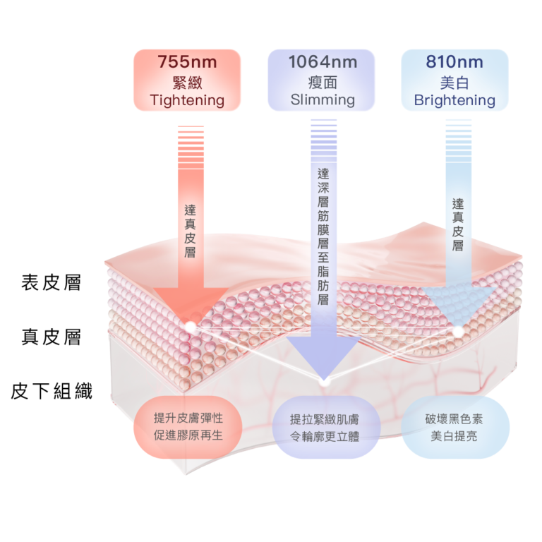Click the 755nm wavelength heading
(x=187, y=61)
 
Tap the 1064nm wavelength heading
(x=323, y=61)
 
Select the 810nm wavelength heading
(x=454, y=61)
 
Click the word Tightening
(x=187, y=100)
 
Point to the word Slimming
(x=323, y=100)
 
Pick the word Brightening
(x=454, y=100)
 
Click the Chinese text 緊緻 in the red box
(x=187, y=81)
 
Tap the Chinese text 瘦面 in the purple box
(x=323, y=81)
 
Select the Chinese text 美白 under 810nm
(x=454, y=81)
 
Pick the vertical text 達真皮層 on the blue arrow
(x=458, y=224)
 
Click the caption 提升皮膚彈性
(x=188, y=418)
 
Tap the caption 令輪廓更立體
(x=325, y=437)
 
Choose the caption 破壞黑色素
(x=454, y=418)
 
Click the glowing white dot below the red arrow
(x=190, y=326)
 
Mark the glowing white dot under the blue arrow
(x=458, y=330)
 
